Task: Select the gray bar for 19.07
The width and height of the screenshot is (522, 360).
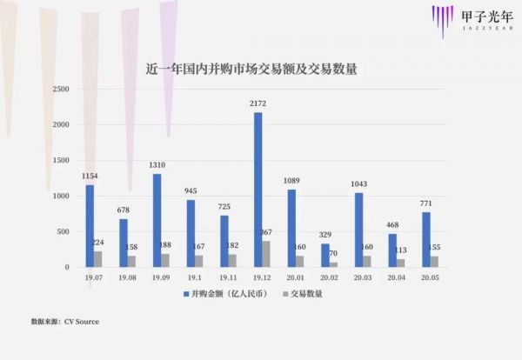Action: click(97, 259)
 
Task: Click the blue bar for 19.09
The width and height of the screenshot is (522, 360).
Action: click(157, 221)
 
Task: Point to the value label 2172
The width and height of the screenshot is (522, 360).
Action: click(258, 104)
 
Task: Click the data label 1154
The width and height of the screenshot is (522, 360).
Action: click(89, 177)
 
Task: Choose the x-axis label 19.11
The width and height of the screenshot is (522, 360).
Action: click(228, 278)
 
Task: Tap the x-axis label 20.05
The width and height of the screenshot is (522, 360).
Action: click(431, 278)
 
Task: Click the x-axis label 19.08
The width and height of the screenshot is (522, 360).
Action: click(127, 278)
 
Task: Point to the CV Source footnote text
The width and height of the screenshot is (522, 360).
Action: click(66, 322)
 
